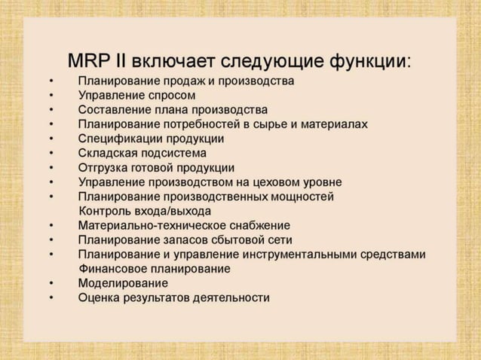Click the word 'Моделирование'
[123, 283]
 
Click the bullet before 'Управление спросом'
[51, 96]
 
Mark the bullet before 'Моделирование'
[51, 284]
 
